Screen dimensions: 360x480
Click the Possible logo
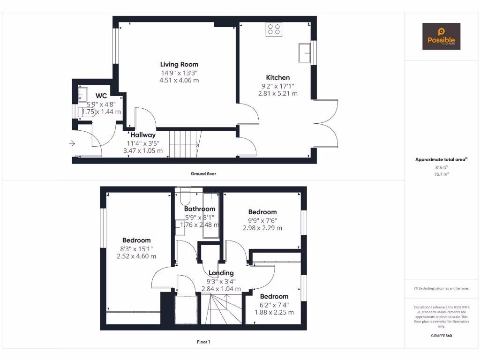(441, 36)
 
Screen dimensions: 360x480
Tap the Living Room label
(179, 64)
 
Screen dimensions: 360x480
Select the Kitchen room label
(278, 77)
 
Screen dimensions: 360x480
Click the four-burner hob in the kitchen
(274, 30)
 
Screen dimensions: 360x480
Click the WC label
(101, 96)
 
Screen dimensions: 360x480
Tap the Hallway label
(143, 135)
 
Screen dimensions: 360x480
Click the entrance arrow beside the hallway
(72, 143)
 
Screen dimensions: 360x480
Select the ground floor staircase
(184, 144)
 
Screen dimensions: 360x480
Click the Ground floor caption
(203, 173)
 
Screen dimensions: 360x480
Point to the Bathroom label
(200, 209)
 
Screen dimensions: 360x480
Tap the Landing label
(221, 273)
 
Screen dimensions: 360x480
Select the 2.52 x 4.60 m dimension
(136, 256)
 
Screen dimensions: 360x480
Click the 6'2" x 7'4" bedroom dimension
(274, 305)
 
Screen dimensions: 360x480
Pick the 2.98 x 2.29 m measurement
(262, 228)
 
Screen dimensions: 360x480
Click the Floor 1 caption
(203, 342)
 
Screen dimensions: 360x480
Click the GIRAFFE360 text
(441, 336)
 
